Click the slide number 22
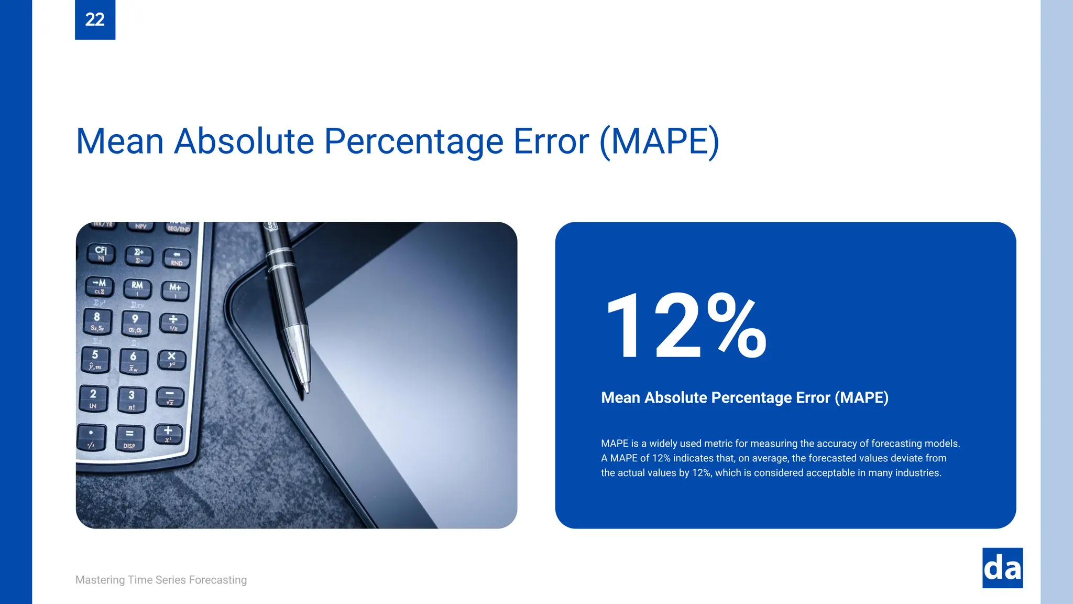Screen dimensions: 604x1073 tap(95, 19)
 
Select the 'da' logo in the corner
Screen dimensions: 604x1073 tap(1002, 568)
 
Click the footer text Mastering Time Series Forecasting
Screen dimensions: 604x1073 tap(161, 580)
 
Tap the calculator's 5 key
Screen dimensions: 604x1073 tap(95, 359)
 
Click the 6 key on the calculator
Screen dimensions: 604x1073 tap(134, 361)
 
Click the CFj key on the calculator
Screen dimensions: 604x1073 tap(101, 253)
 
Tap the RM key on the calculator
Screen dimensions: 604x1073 tap(137, 288)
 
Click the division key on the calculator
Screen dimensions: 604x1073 tap(173, 322)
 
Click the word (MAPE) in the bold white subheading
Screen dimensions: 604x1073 tap(861, 397)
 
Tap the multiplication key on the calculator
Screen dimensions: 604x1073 tap(171, 359)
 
